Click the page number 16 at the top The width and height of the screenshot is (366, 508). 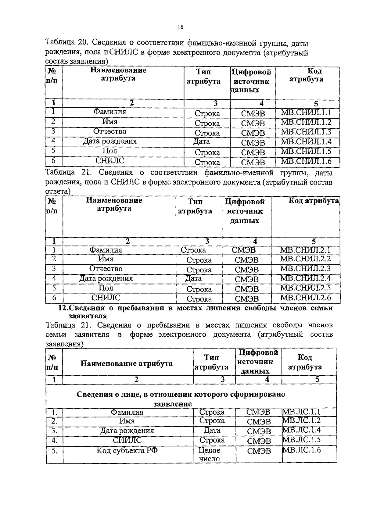tap(180, 27)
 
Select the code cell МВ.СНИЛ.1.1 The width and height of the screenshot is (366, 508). tap(306, 113)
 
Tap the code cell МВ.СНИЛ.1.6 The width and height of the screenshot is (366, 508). tap(306, 161)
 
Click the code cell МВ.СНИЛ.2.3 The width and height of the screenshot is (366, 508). tap(305, 269)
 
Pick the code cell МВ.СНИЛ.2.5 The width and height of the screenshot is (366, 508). tap(305, 288)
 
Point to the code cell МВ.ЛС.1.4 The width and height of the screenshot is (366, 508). tap(302, 430)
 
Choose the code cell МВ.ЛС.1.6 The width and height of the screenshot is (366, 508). tap(302, 450)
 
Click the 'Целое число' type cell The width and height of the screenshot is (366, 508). tap(210, 454)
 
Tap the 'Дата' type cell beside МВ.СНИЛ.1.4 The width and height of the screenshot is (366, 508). tap(202, 141)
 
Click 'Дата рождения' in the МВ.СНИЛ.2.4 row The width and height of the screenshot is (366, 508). tap(106, 278)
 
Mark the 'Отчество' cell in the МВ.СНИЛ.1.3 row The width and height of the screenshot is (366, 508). tap(110, 131)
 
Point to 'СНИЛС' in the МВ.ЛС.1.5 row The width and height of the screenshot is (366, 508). tap(127, 440)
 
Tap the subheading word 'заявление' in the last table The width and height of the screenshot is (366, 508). tap(172, 404)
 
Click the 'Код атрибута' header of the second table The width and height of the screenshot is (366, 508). tap(313, 201)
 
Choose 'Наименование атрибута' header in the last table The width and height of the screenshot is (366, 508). tap(126, 363)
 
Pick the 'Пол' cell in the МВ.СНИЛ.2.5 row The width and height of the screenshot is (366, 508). tap(106, 288)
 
